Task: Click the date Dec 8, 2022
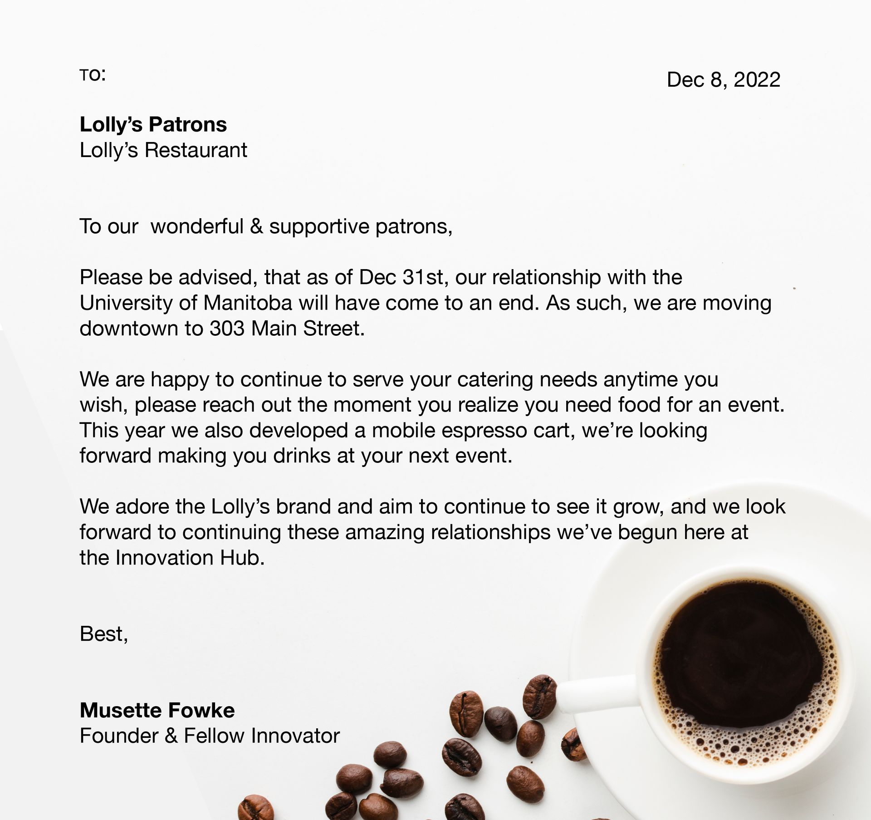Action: pos(723,80)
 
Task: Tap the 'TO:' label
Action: pos(93,75)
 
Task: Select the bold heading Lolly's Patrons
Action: pos(153,124)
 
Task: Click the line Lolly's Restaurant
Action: pos(163,150)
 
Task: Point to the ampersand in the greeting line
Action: pos(256,226)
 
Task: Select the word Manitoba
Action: pos(248,303)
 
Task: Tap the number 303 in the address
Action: pos(227,329)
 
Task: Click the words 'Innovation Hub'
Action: pos(190,558)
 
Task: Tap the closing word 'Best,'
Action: pos(104,634)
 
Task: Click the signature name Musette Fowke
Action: pos(157,710)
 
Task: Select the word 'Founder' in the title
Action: pos(119,736)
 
